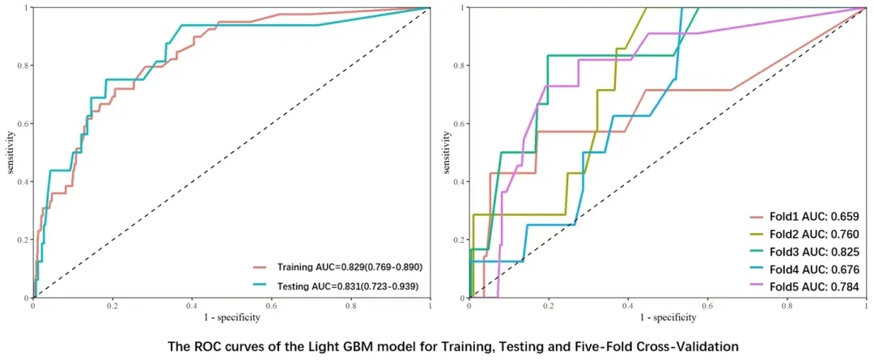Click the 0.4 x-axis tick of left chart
click(x=192, y=307)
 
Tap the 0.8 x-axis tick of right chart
click(x=787, y=307)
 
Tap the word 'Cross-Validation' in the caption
click(x=685, y=346)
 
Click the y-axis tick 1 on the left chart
click(x=26, y=7)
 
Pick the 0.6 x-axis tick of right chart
click(x=707, y=307)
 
